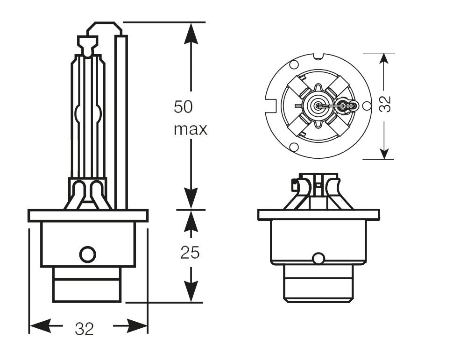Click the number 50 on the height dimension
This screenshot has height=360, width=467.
point(183,107)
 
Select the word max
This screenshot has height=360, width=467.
point(190,129)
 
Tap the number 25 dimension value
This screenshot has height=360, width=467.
point(190,253)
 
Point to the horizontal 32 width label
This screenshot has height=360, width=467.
point(85,329)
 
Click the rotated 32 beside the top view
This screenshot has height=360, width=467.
point(385,105)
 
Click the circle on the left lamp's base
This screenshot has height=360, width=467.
point(87,254)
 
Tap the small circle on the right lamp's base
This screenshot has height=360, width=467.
point(318,258)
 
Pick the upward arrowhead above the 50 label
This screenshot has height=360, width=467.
point(191,33)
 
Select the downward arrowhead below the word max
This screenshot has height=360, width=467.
point(191,198)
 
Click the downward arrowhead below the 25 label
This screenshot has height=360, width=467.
point(191,292)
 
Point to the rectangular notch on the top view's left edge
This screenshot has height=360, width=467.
point(269,106)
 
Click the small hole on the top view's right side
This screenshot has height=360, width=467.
point(367,106)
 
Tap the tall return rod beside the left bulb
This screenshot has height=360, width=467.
point(121,121)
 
